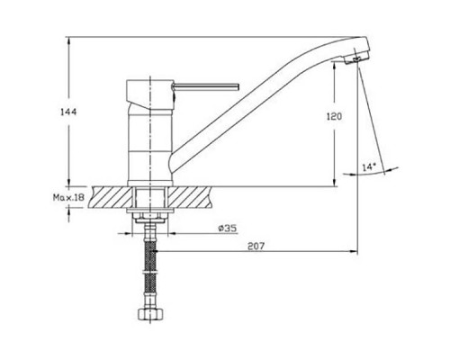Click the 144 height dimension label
pos(68,112)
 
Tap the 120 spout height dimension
pos(334,116)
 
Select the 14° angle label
pos(369,166)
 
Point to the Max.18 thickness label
pos(68,197)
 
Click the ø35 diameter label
pos(228,229)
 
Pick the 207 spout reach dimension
pos(256,246)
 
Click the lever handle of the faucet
pos(205,86)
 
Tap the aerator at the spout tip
pos(356,58)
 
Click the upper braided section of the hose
pos(150,256)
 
